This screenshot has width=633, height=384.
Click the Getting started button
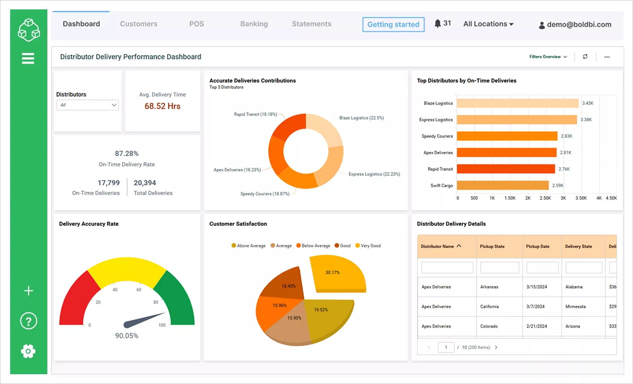point(393,24)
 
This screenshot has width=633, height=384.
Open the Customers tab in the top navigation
point(138,24)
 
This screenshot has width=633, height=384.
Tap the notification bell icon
point(438,23)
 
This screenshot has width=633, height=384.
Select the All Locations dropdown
point(488,24)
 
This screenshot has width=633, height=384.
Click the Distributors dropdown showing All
point(87,105)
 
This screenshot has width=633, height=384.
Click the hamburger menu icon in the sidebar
point(28,58)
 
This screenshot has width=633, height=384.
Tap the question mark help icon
point(29,321)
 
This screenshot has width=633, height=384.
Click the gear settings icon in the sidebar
point(28,351)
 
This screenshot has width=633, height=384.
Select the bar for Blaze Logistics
point(517,103)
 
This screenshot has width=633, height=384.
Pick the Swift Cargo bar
point(502,186)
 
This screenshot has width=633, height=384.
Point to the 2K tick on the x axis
point(528,198)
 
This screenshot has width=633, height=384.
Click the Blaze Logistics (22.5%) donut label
point(361,118)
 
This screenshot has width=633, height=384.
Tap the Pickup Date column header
point(537,247)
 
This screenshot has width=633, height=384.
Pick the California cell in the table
point(489,307)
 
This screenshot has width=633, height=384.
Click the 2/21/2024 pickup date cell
point(536,326)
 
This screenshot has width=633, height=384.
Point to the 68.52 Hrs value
point(163,106)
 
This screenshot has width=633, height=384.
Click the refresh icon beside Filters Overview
point(585,57)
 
